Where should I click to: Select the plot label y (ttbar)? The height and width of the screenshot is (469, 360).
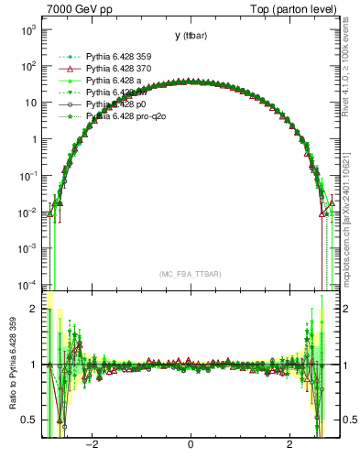(190, 36)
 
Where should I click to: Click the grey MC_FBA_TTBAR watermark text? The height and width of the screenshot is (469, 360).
(190, 274)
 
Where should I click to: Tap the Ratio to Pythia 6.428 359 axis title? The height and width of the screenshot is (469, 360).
(11, 365)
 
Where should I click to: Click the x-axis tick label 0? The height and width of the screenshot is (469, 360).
(191, 446)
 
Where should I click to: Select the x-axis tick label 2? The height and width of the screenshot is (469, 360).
(289, 446)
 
